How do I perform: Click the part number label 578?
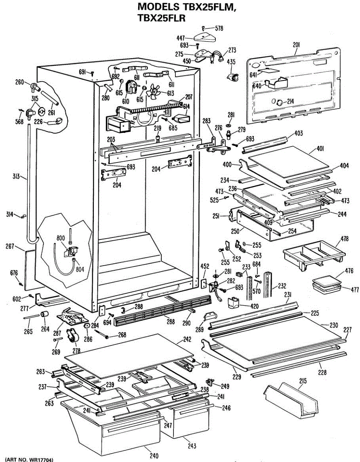pyautogui.click(x=219, y=28)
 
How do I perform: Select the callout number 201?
pyautogui.click(x=296, y=45)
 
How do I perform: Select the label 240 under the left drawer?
pyautogui.click(x=154, y=456)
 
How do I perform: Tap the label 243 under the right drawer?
pyautogui.click(x=192, y=446)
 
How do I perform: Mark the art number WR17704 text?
pyautogui.click(x=29, y=459)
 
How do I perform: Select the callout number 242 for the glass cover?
pyautogui.click(x=187, y=340)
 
